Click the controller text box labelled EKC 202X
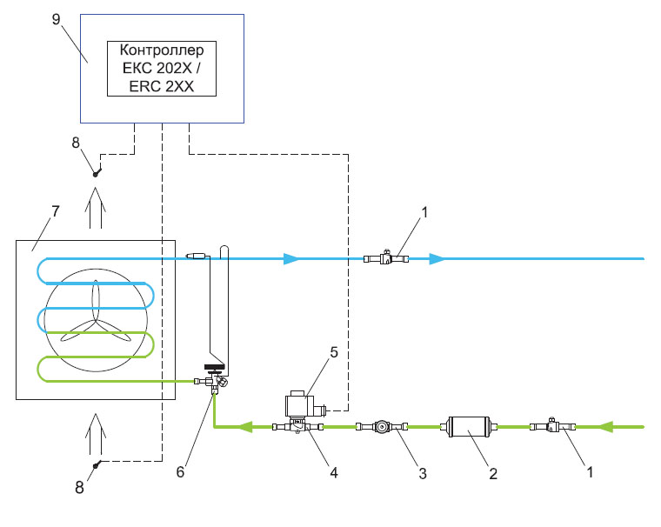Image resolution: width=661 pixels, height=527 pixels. (x=161, y=68)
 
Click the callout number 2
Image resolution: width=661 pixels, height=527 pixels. (x=492, y=474)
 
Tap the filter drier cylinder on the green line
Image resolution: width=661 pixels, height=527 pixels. (x=471, y=427)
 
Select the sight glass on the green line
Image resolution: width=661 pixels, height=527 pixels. (x=382, y=427)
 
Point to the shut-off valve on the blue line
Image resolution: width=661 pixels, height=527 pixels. (x=386, y=258)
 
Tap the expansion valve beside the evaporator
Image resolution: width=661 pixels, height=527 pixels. (x=213, y=380)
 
